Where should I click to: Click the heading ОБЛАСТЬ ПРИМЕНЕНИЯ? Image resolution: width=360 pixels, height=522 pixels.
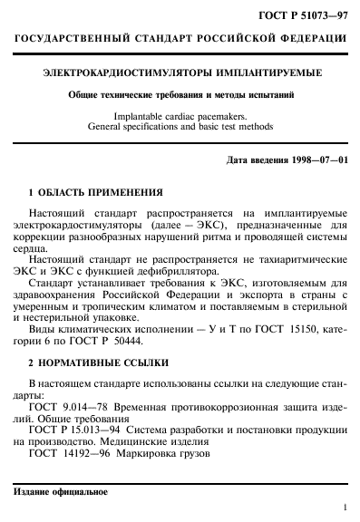click(101, 193)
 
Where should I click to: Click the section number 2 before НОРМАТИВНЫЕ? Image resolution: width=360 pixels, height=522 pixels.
click(33, 362)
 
